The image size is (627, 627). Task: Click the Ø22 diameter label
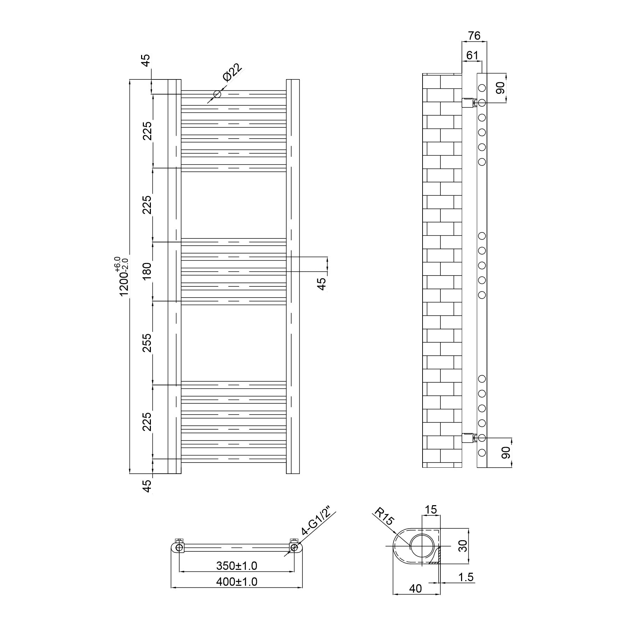point(232,72)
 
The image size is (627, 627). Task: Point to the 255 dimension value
point(147,343)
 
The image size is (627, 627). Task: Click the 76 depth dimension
point(474,35)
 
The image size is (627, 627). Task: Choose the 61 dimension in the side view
point(472,55)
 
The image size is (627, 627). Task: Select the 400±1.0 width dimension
point(237,582)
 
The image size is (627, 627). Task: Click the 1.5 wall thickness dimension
point(466,577)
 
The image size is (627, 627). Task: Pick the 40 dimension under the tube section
point(416,589)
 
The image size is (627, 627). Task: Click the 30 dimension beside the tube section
point(463,546)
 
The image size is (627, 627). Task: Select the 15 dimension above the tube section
point(431,510)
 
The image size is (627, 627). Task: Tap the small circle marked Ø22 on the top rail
point(217,94)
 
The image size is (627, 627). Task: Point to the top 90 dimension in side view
point(501,88)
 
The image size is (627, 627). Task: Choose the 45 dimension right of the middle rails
point(322,283)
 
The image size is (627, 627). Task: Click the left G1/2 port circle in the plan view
point(179,547)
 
